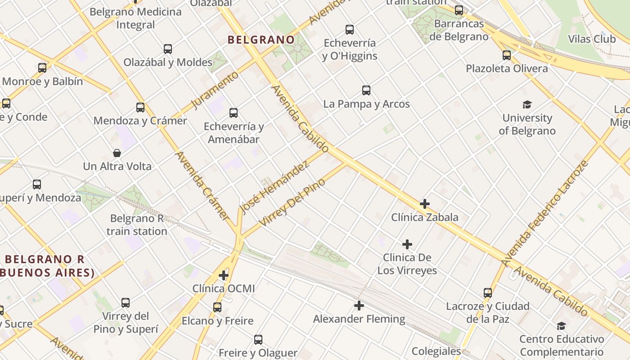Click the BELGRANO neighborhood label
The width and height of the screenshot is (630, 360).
[261, 40]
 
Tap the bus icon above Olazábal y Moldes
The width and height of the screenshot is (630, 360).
[168, 49]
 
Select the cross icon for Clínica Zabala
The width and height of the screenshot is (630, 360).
[424, 204]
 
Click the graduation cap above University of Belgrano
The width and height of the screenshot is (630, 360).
[527, 105]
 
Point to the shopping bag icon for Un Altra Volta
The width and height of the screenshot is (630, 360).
[117, 153]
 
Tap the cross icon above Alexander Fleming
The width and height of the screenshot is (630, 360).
[359, 306]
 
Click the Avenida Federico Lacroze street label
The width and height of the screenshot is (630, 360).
[545, 213]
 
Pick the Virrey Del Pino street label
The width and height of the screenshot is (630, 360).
[292, 202]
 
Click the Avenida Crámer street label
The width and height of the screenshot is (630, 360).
[202, 185]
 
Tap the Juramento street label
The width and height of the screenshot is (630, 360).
[215, 90]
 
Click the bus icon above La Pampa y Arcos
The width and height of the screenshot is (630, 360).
[366, 90]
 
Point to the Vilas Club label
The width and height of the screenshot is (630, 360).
[592, 39]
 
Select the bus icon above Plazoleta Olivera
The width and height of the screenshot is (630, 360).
[507, 55]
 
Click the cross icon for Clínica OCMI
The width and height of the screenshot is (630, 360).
[224, 275]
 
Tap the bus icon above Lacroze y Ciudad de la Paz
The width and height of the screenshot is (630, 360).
[488, 293]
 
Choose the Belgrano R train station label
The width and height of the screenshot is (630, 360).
[137, 225]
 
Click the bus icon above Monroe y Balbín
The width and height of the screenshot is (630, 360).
[42, 68]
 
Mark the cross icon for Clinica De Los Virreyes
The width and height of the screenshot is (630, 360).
[407, 244]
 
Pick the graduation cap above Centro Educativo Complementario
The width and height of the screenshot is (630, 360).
[561, 326]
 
